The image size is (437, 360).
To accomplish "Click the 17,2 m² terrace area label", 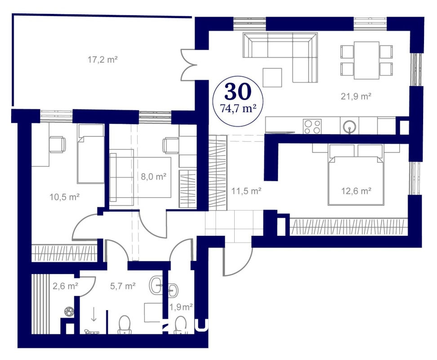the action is coord(103,59).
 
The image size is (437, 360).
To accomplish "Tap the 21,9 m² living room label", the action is coord(356,96).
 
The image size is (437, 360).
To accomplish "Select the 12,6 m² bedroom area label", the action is coord(356,191).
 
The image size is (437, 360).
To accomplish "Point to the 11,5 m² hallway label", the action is coord(246,191).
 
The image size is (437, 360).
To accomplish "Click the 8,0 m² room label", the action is coord(154,176).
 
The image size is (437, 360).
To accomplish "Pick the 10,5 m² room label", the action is coord(65,197).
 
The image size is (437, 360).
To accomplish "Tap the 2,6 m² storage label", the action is coord(65,286).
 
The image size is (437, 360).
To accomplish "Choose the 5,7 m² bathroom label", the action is coord(123,286).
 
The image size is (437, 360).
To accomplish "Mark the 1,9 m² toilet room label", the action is coord(181,307).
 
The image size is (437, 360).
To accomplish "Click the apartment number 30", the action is coord(238,91).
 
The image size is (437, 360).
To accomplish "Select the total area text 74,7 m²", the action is coord(238,108).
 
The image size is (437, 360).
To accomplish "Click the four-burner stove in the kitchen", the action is coord(312,126).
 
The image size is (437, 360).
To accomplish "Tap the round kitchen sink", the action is coord(349,126).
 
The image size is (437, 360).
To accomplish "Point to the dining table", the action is coord(366,60).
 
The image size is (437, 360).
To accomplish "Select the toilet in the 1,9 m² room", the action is coord(181,325).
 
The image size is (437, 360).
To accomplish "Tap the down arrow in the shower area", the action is coord(94,314).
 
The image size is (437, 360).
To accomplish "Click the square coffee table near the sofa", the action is coord(272,77).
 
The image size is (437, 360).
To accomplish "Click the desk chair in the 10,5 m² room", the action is coord(58,144).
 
